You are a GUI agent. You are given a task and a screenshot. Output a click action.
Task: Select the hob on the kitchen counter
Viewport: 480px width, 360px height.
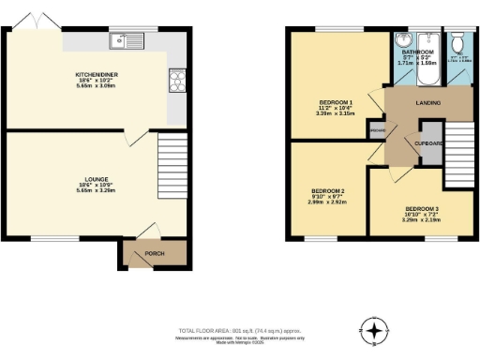[176, 79]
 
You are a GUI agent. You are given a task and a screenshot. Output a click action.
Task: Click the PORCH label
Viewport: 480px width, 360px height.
[152, 253]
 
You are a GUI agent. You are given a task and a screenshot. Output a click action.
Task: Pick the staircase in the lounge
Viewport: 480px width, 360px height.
[168, 151]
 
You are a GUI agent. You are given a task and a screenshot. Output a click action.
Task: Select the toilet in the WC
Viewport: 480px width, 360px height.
[457, 43]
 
